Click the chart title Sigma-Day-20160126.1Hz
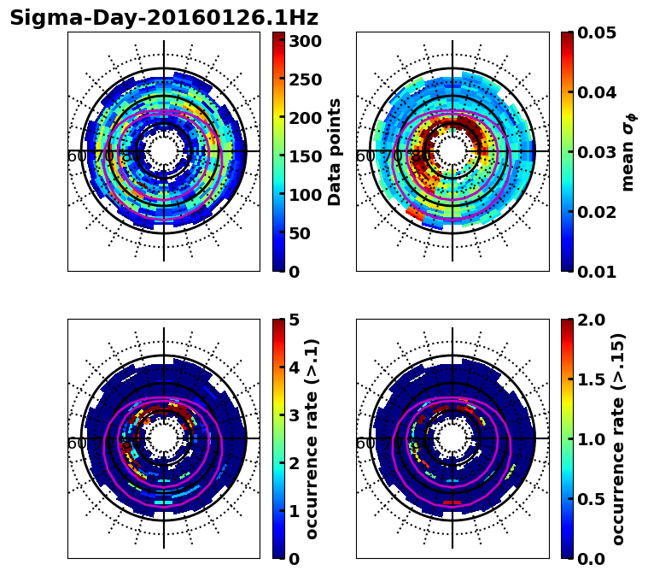point(163,18)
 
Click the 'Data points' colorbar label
point(335,151)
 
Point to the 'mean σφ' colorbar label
point(628,151)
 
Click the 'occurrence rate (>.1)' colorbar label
point(312,439)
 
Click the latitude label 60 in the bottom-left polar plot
point(76,444)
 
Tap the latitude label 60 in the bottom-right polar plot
point(365,444)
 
